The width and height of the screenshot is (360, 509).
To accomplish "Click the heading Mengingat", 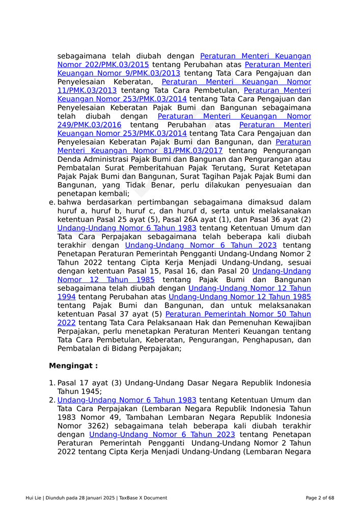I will (x=73, y=366).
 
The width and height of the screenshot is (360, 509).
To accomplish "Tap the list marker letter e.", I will (x=51, y=202).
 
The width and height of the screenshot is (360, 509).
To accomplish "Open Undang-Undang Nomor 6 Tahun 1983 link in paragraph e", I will (x=127, y=228).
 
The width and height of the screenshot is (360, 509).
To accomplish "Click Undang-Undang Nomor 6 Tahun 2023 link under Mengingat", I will (x=162, y=435).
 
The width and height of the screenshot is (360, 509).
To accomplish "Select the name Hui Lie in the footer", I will (x=34, y=498).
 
